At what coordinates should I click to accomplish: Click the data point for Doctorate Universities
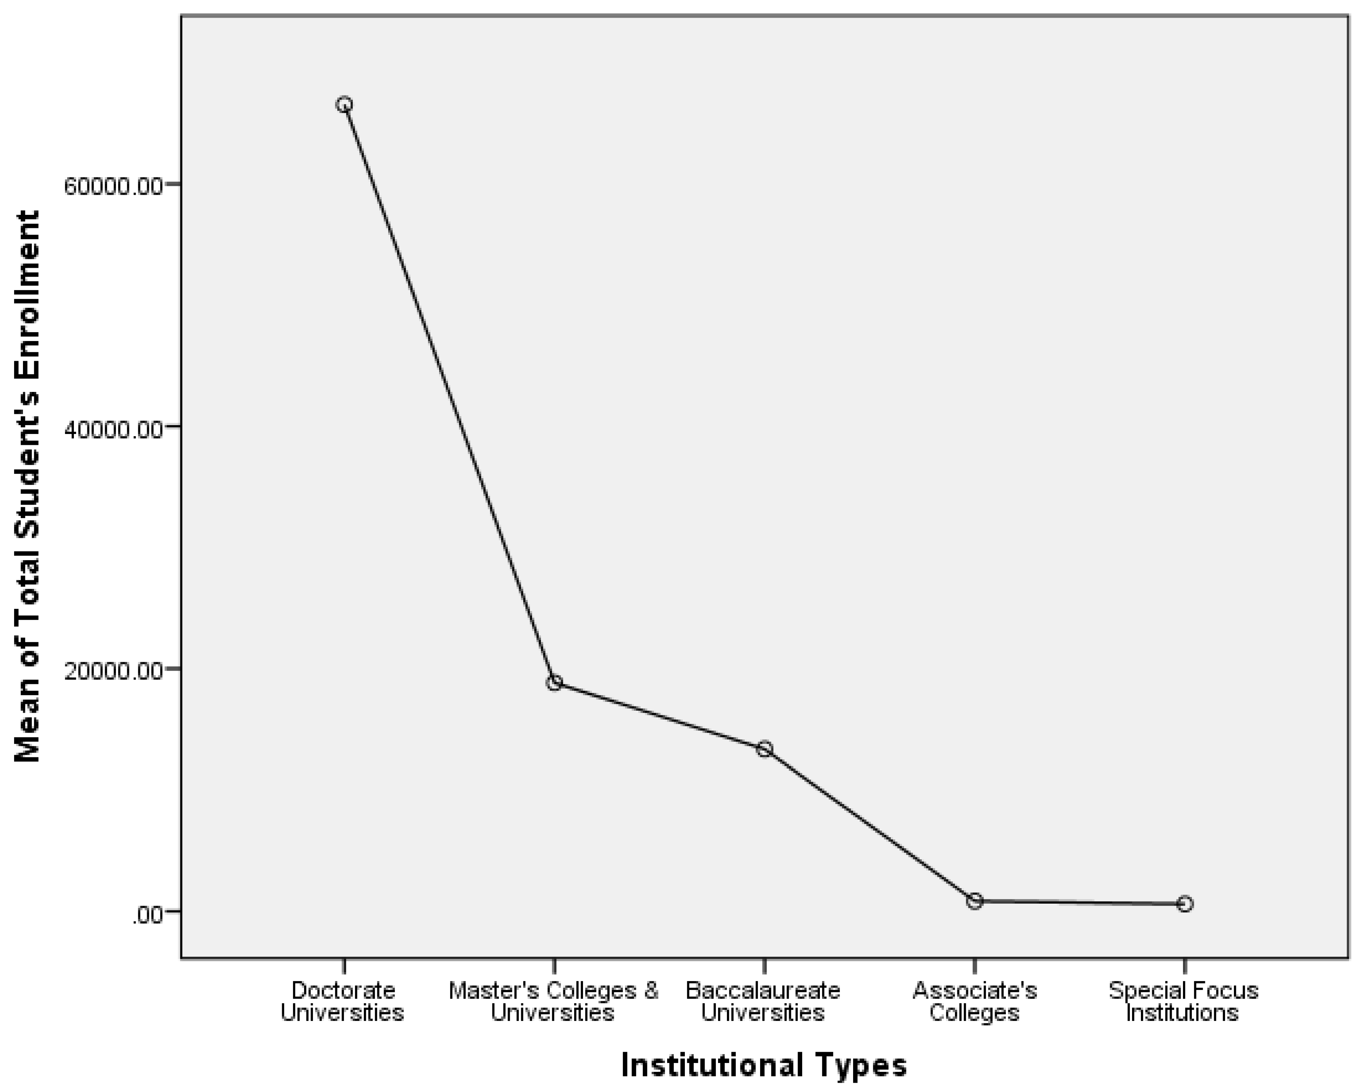pyautogui.click(x=344, y=104)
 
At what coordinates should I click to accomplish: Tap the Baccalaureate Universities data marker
pyautogui.click(x=764, y=749)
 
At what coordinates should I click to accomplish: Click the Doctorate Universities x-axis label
pyautogui.click(x=342, y=1002)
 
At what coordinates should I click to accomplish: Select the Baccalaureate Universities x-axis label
pyautogui.click(x=763, y=1002)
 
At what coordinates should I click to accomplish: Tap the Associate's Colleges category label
pyautogui.click(x=974, y=1002)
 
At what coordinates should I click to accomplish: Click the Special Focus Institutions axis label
pyautogui.click(x=1183, y=1002)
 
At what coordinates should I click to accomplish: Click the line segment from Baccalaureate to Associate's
pyautogui.click(x=870, y=825)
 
